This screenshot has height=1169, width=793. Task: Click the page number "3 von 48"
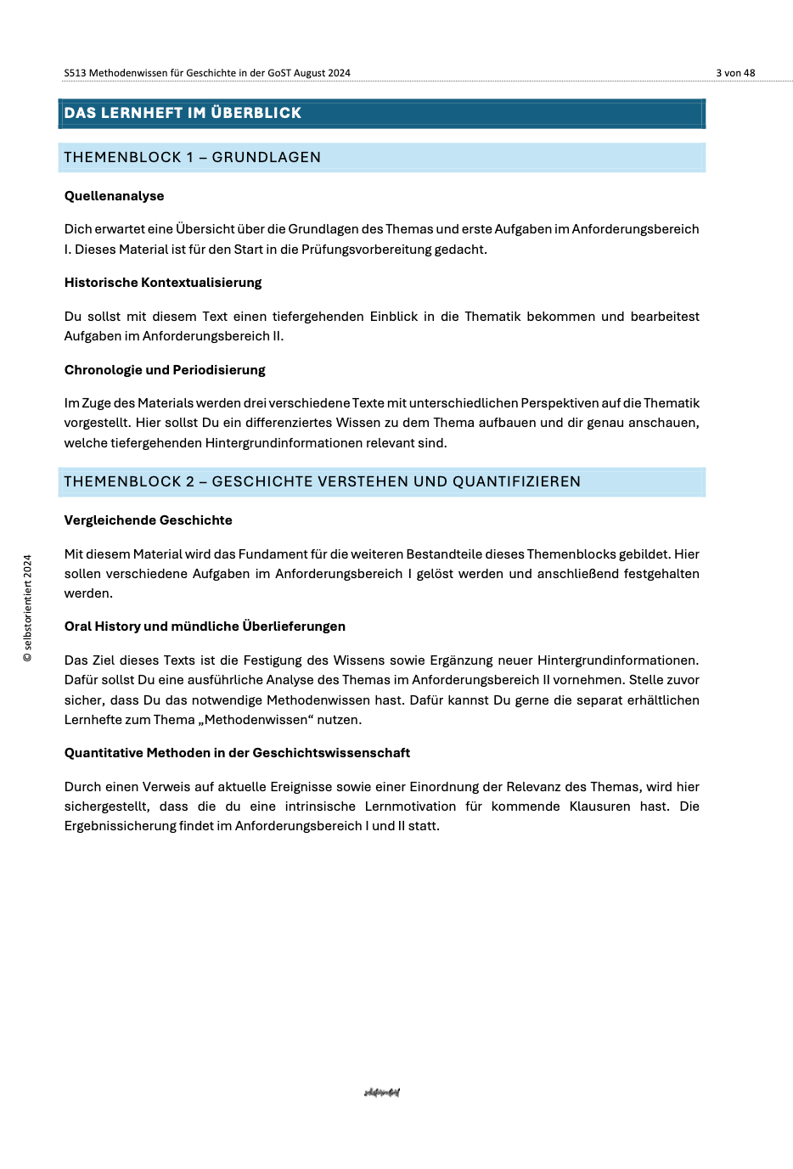(734, 73)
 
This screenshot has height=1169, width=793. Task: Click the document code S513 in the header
(75, 73)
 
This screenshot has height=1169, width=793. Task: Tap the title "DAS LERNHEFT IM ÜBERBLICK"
(183, 113)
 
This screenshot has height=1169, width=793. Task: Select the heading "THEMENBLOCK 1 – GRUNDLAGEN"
(192, 157)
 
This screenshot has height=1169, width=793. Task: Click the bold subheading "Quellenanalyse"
(114, 196)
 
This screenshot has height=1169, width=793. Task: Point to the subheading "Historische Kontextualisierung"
(163, 283)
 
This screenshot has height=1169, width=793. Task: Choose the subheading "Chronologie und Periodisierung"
(165, 370)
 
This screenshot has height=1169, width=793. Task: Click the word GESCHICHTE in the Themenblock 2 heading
(262, 481)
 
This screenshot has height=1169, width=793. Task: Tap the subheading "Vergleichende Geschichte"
(148, 520)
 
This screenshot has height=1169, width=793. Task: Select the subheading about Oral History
(205, 627)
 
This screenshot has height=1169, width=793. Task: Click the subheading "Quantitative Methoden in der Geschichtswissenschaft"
(237, 753)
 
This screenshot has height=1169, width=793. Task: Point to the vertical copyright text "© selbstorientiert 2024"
(27, 608)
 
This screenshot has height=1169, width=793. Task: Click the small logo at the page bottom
(381, 1093)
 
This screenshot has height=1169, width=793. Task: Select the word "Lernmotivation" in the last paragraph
(410, 806)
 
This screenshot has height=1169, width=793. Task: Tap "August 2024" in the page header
(322, 73)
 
